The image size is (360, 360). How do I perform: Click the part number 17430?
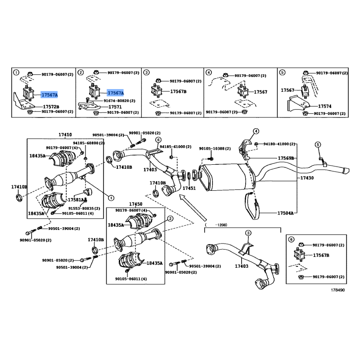[308, 178]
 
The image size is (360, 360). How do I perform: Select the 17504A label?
[286, 213]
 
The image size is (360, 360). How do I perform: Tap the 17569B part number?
[286, 158]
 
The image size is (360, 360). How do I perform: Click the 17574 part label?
[325, 107]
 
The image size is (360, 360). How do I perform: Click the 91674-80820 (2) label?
[119, 101]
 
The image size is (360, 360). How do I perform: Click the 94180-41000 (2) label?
[280, 144]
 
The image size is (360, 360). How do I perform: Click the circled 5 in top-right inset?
[282, 72]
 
